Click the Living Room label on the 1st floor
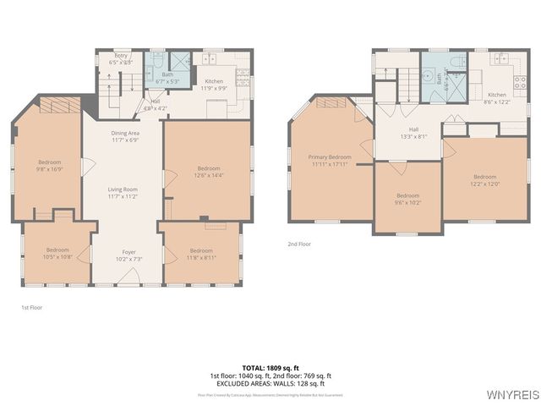pyautogui.click(x=123, y=192)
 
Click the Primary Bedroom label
pyautogui.click(x=329, y=161)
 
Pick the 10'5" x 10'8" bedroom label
pyautogui.click(x=57, y=253)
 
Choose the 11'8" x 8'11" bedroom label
pyautogui.click(x=201, y=253)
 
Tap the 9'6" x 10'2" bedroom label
pyautogui.click(x=408, y=199)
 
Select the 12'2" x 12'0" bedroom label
pyautogui.click(x=484, y=180)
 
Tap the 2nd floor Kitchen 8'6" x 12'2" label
pyautogui.click(x=497, y=98)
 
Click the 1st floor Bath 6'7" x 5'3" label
pyautogui.click(x=167, y=78)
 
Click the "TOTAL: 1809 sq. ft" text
pyautogui.click(x=270, y=368)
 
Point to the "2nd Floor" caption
pyautogui.click(x=299, y=244)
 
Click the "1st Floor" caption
pyautogui.click(x=31, y=308)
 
